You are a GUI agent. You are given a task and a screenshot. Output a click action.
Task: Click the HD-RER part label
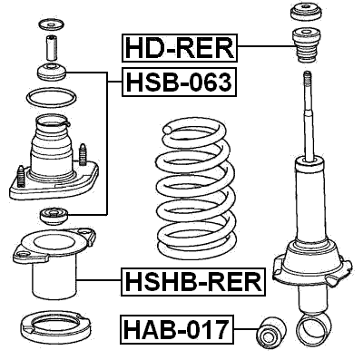click(180, 47)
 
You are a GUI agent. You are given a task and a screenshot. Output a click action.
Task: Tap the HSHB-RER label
click(191, 283)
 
